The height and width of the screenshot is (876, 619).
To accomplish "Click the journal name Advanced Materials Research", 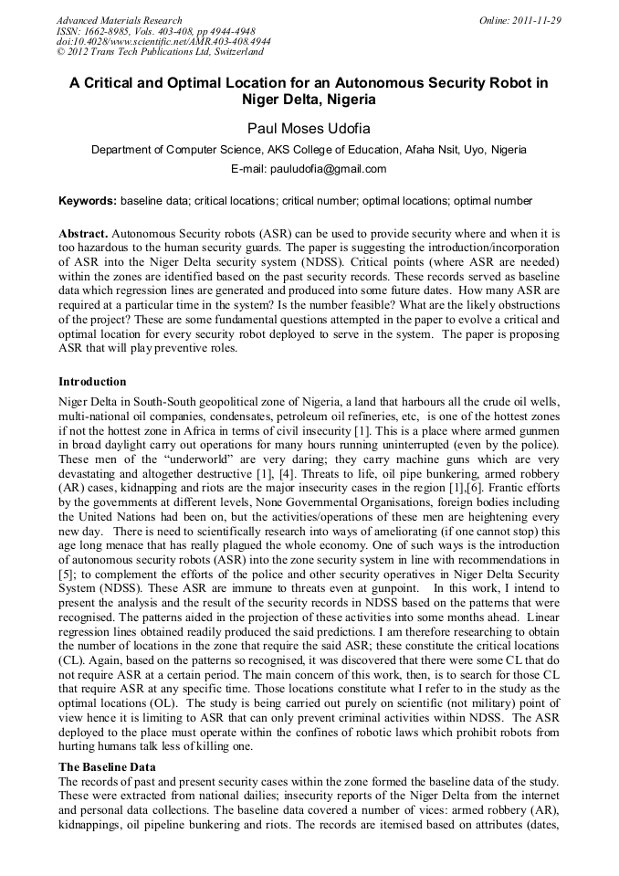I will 119,20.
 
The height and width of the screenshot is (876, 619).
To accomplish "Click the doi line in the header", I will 163,42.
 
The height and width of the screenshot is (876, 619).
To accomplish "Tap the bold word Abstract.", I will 83,234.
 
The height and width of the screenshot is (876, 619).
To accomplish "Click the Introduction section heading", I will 92,382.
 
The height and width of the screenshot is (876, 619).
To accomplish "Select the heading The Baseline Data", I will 107,766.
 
